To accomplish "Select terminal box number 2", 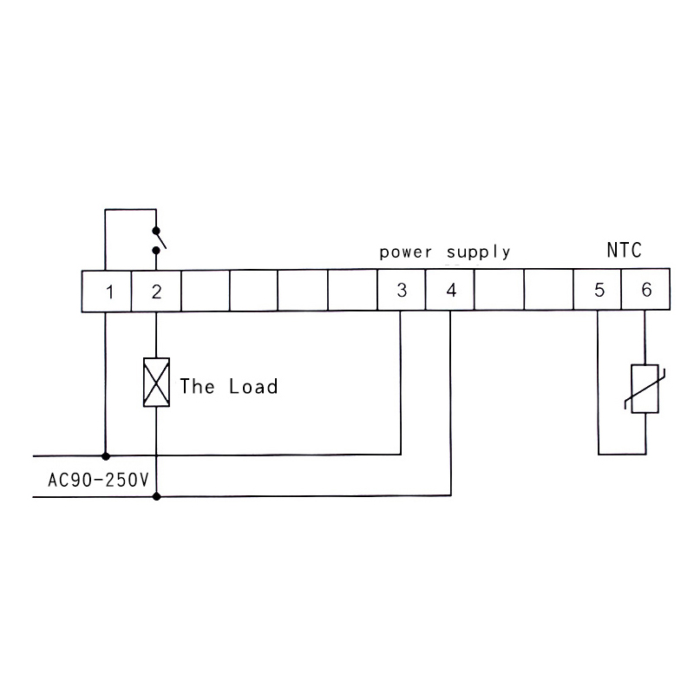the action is point(155,291).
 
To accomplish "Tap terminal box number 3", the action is point(401,291).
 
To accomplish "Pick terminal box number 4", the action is point(450,291).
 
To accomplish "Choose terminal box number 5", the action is point(599,291).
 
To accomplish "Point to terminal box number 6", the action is point(646,291).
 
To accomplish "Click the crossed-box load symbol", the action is point(156,383).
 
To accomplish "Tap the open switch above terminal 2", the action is point(158,240).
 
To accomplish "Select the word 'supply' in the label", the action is point(478,253).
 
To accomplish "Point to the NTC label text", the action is point(623,252).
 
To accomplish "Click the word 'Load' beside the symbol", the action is point(253,386).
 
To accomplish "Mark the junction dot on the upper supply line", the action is point(106,455).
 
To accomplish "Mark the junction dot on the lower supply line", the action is point(156,496).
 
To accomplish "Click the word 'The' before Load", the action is point(197,386).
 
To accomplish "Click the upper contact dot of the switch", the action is point(156,231).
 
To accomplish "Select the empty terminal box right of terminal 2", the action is point(205,291).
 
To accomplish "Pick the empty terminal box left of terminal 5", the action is point(549,291).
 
